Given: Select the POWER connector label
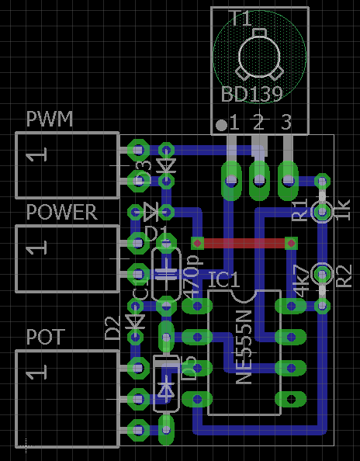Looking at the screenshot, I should coord(62,212).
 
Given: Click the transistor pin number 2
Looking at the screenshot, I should coord(258,122).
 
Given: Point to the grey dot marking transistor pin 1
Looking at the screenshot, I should coord(222,124).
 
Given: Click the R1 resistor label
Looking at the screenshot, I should coord(300,210).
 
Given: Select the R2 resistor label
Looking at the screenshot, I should coord(344,275).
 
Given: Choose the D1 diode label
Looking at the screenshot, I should coord(156,233).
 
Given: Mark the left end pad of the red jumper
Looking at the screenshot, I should coord(197,243).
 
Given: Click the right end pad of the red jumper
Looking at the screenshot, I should coord(292,243).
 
